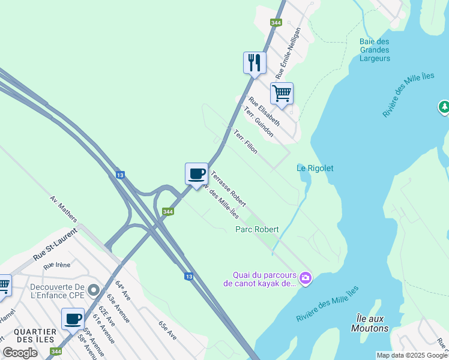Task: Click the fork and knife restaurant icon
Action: [x=255, y=62]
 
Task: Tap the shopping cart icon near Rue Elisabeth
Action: [x=282, y=93]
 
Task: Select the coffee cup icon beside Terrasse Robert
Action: [x=196, y=174]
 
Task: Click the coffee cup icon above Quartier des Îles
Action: [x=73, y=319]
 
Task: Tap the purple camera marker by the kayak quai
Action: [x=306, y=277]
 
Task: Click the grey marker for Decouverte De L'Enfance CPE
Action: [x=93, y=290]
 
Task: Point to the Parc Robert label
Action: [x=257, y=229]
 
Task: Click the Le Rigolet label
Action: [x=315, y=168]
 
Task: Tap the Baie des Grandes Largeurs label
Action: [x=375, y=50]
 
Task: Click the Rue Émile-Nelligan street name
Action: [x=288, y=53]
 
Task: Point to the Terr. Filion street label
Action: [x=246, y=142]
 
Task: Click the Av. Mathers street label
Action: [x=63, y=208]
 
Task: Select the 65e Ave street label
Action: [x=167, y=331]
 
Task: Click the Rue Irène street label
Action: [x=57, y=265]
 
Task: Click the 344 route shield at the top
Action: [x=276, y=23]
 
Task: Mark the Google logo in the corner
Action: [x=20, y=353]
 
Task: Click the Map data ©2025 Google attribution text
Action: [x=411, y=355]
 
